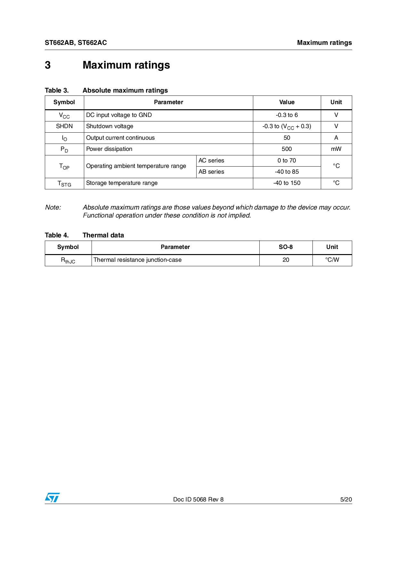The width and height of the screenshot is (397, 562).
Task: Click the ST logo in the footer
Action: click(x=52, y=498)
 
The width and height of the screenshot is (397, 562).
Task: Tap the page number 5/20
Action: click(x=346, y=500)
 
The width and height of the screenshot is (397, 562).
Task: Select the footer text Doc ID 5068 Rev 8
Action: click(x=198, y=500)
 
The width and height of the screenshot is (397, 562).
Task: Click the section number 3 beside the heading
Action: click(x=48, y=65)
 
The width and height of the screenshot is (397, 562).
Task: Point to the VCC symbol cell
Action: click(x=64, y=116)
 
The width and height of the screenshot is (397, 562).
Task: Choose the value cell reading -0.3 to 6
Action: click(x=287, y=115)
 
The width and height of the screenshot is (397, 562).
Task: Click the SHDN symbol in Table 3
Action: click(x=64, y=126)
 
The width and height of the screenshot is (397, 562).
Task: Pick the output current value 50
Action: click(x=287, y=138)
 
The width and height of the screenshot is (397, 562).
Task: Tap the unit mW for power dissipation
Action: click(x=336, y=149)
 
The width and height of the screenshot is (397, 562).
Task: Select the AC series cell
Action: click(x=211, y=161)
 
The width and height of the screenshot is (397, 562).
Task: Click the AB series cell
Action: click(x=211, y=172)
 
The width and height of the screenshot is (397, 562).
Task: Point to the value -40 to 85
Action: click(x=287, y=172)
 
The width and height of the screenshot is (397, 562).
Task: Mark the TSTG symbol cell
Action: click(x=64, y=184)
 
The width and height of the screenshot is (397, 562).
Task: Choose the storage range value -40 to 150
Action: click(x=287, y=183)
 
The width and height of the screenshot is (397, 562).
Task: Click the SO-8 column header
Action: click(x=286, y=247)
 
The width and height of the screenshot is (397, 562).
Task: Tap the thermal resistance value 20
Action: click(x=286, y=260)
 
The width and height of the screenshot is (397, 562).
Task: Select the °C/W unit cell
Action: click(x=332, y=260)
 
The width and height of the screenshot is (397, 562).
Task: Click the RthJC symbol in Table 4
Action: click(x=68, y=260)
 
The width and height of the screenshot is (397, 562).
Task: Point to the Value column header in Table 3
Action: click(x=287, y=102)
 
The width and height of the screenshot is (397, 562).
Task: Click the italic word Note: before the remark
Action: click(x=53, y=207)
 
